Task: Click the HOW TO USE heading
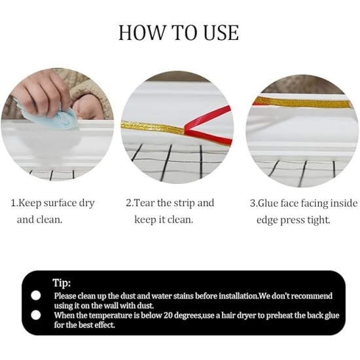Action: pos(179,33)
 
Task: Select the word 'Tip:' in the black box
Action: pos(62,283)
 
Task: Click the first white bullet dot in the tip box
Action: pos(36,296)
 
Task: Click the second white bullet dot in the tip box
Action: pos(36,315)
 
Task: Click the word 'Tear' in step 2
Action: pos(148,203)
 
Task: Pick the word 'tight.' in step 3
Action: pos(317,220)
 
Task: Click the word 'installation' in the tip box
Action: pos(229,296)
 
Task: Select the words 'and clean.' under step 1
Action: pos(40,220)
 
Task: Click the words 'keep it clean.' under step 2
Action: pos(164,220)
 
